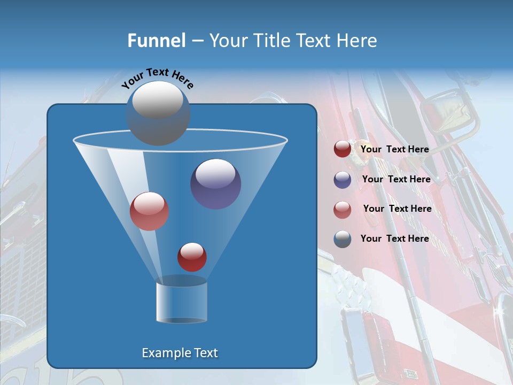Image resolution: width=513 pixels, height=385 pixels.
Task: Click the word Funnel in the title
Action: [x=156, y=40]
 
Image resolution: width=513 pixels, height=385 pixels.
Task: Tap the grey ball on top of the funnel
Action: [x=158, y=113]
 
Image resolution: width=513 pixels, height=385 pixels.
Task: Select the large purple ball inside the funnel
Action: [x=216, y=184]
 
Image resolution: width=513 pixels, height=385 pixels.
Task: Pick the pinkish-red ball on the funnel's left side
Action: [x=150, y=211]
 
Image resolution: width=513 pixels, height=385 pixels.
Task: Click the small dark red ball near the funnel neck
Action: [x=192, y=257]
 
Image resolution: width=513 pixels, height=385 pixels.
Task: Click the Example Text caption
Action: [x=180, y=353]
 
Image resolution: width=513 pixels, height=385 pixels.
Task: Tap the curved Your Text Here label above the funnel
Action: [x=157, y=78]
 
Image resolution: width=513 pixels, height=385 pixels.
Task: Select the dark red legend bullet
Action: [x=343, y=149]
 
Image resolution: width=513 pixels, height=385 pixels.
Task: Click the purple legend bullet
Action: [x=343, y=180]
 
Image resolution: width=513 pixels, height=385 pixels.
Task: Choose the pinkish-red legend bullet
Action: [x=343, y=209]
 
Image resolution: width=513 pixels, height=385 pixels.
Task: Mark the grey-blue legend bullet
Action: [x=343, y=239]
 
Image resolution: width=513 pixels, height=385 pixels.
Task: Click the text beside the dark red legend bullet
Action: [x=395, y=150]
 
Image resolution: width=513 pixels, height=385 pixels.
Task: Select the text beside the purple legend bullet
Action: [x=396, y=179]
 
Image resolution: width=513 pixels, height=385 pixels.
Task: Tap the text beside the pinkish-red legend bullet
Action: [x=397, y=209]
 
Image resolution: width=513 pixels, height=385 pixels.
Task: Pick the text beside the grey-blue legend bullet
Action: [x=395, y=238]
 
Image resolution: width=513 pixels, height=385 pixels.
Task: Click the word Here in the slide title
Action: [x=358, y=40]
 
